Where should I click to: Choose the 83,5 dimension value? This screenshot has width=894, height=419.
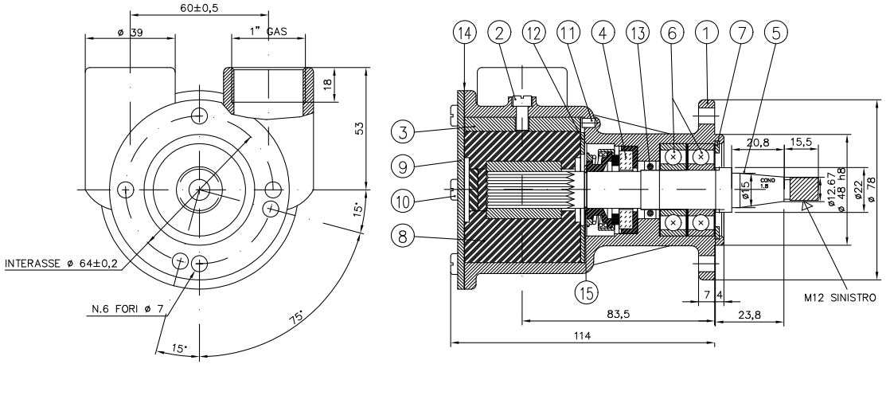(x=619, y=314)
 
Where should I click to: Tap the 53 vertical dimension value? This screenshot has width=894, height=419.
(x=359, y=128)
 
